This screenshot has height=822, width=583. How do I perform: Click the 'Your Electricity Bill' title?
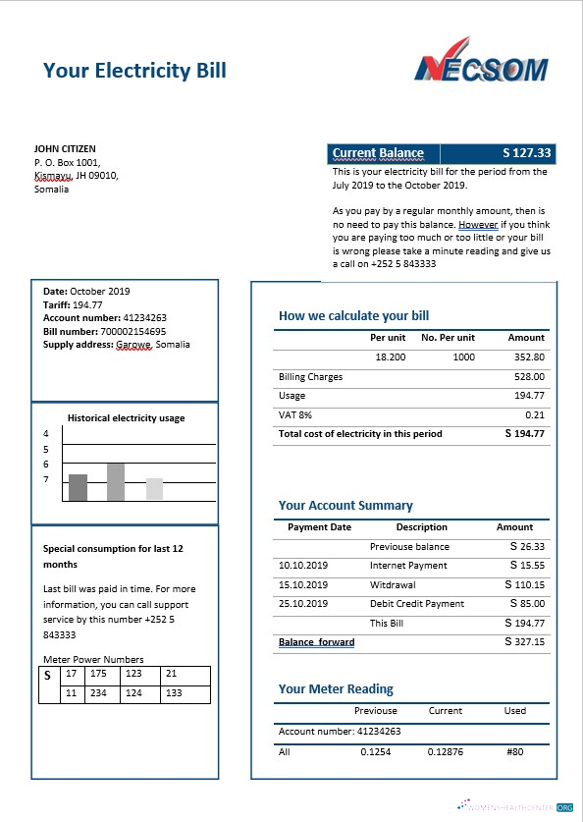click(134, 70)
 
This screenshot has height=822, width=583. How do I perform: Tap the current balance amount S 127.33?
click(527, 153)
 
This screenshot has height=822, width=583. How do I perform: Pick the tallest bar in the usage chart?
click(116, 481)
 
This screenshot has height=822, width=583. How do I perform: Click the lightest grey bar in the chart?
click(154, 489)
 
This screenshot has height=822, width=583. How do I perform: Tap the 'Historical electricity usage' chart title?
click(126, 418)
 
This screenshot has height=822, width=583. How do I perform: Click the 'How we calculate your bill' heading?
click(353, 316)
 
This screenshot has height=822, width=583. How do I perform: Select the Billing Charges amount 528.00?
click(529, 377)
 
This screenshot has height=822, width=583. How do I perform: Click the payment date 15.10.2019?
click(303, 585)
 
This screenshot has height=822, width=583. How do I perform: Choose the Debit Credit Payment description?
click(417, 604)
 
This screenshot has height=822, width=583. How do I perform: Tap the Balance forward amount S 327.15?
click(525, 642)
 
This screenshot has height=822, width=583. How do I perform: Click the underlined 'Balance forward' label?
click(316, 642)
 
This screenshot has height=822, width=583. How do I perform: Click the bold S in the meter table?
click(47, 676)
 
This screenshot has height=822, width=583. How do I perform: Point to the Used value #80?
click(515, 752)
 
